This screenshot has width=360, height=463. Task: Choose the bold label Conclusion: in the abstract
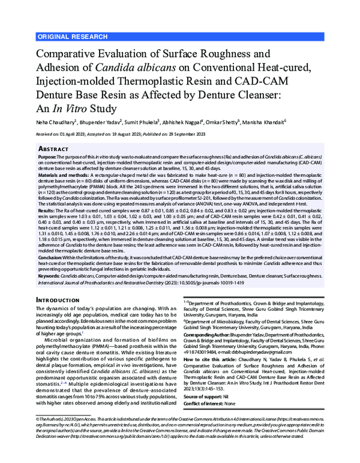point(51,256)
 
